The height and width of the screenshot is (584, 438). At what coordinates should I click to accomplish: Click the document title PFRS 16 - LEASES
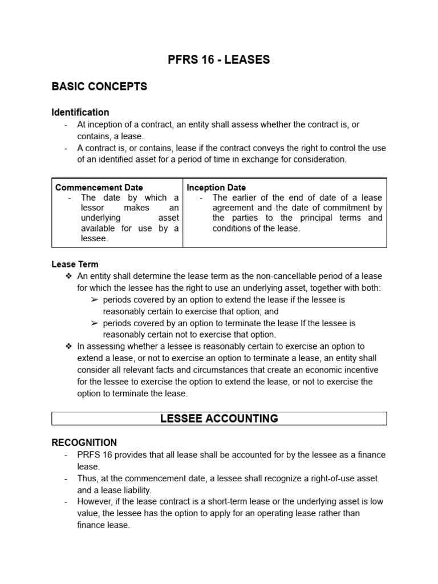point(219,60)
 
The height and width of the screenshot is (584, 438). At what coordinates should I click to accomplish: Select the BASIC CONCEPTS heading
point(99,87)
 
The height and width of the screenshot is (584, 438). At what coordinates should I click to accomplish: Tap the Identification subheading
point(80,112)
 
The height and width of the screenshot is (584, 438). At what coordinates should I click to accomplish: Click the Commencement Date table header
point(99,187)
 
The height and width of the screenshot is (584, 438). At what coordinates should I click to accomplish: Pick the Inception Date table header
point(216,187)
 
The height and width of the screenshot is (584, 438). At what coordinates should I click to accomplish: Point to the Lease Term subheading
point(75,264)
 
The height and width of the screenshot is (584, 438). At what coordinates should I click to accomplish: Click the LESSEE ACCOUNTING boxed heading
point(219,419)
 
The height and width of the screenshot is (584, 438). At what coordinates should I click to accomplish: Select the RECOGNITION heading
point(84,443)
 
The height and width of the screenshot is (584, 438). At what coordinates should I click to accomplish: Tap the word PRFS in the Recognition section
point(89,455)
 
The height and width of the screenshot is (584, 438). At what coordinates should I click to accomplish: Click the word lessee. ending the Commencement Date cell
point(94,239)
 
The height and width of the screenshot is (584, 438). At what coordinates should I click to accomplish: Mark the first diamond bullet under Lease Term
point(68,276)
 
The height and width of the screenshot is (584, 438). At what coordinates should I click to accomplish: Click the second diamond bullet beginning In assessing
point(68,346)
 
